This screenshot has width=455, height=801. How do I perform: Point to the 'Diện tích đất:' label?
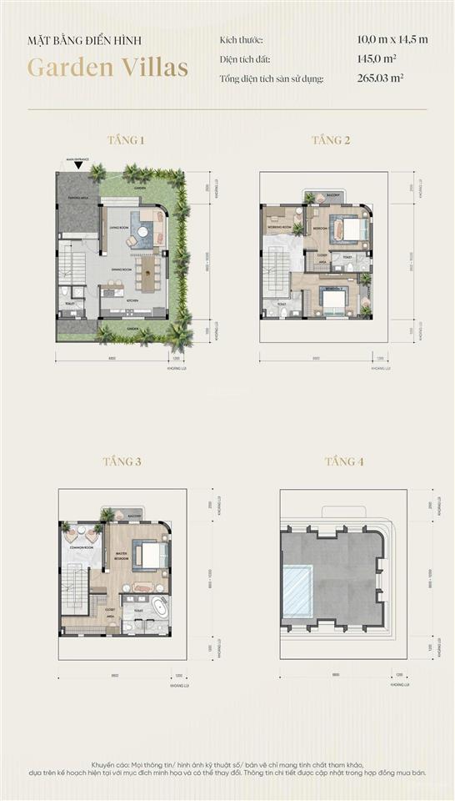click(245, 59)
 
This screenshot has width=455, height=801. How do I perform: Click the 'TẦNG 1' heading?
click(126, 140)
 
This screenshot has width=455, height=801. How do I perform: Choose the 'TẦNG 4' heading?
click(343, 461)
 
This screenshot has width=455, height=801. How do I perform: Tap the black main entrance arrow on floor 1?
click(77, 165)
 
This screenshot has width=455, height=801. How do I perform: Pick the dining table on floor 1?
click(148, 271)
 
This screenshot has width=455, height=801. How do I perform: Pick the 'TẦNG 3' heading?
click(122, 461)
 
